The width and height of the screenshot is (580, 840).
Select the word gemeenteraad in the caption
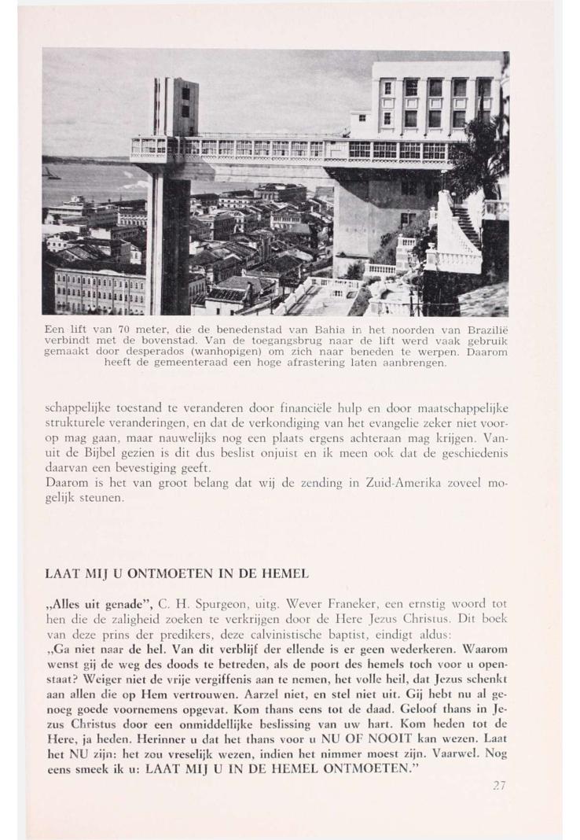pos(174,363)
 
